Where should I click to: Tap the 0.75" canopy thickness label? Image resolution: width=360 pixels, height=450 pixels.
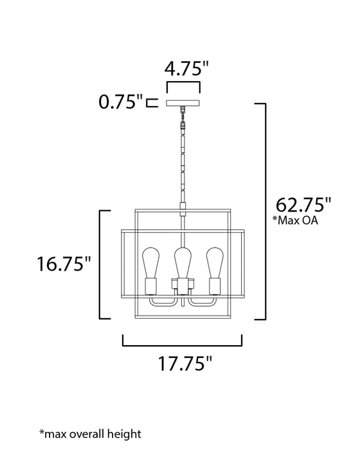121,102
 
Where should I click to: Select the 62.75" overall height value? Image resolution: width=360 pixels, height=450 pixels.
303,206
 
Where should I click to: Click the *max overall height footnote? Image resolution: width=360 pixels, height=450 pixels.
90,434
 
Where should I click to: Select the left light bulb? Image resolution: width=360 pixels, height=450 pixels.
152,263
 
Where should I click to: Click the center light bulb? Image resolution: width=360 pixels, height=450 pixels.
183,263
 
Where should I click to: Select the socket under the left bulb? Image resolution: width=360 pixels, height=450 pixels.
152,285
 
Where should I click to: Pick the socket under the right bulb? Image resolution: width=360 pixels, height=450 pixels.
213,285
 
